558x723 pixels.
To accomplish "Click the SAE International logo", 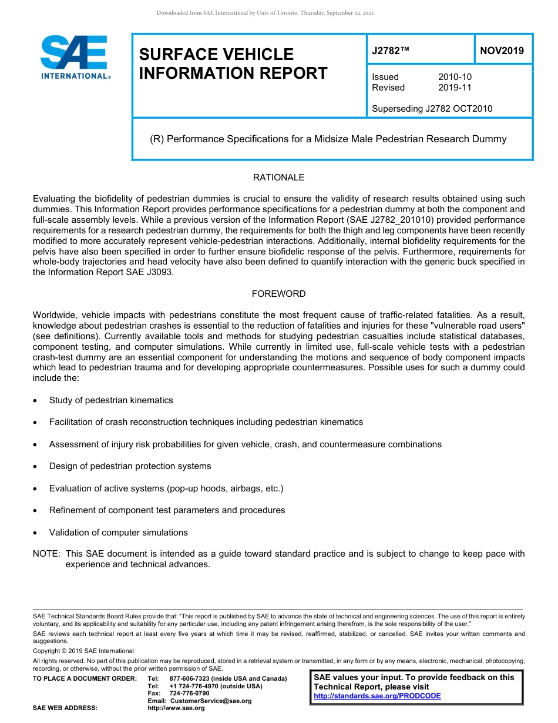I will point(74,57).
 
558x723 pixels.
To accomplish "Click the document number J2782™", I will point(390,51).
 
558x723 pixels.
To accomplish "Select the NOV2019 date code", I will point(502,51).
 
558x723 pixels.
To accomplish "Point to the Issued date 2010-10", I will point(455,77).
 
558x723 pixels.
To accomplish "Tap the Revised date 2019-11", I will point(455,88).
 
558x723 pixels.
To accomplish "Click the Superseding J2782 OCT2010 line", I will point(432,108).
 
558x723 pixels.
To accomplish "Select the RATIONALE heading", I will point(278,178).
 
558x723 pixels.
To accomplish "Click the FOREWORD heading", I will point(278,294).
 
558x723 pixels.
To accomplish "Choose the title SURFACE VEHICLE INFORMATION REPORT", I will point(233,63).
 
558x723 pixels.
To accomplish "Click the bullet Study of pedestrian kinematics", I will point(111,400).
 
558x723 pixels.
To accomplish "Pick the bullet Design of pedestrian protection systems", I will point(130,466).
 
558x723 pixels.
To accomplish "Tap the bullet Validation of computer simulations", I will point(118,533).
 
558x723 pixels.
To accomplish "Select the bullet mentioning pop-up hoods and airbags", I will point(166,488).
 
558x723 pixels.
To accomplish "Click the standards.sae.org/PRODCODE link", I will point(377,696).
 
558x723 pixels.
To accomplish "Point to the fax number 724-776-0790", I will point(189,694).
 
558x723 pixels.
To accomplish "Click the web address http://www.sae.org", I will point(176,708).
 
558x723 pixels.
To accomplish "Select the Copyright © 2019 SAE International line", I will point(83,651).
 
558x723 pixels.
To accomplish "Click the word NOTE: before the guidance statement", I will point(46,554).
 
